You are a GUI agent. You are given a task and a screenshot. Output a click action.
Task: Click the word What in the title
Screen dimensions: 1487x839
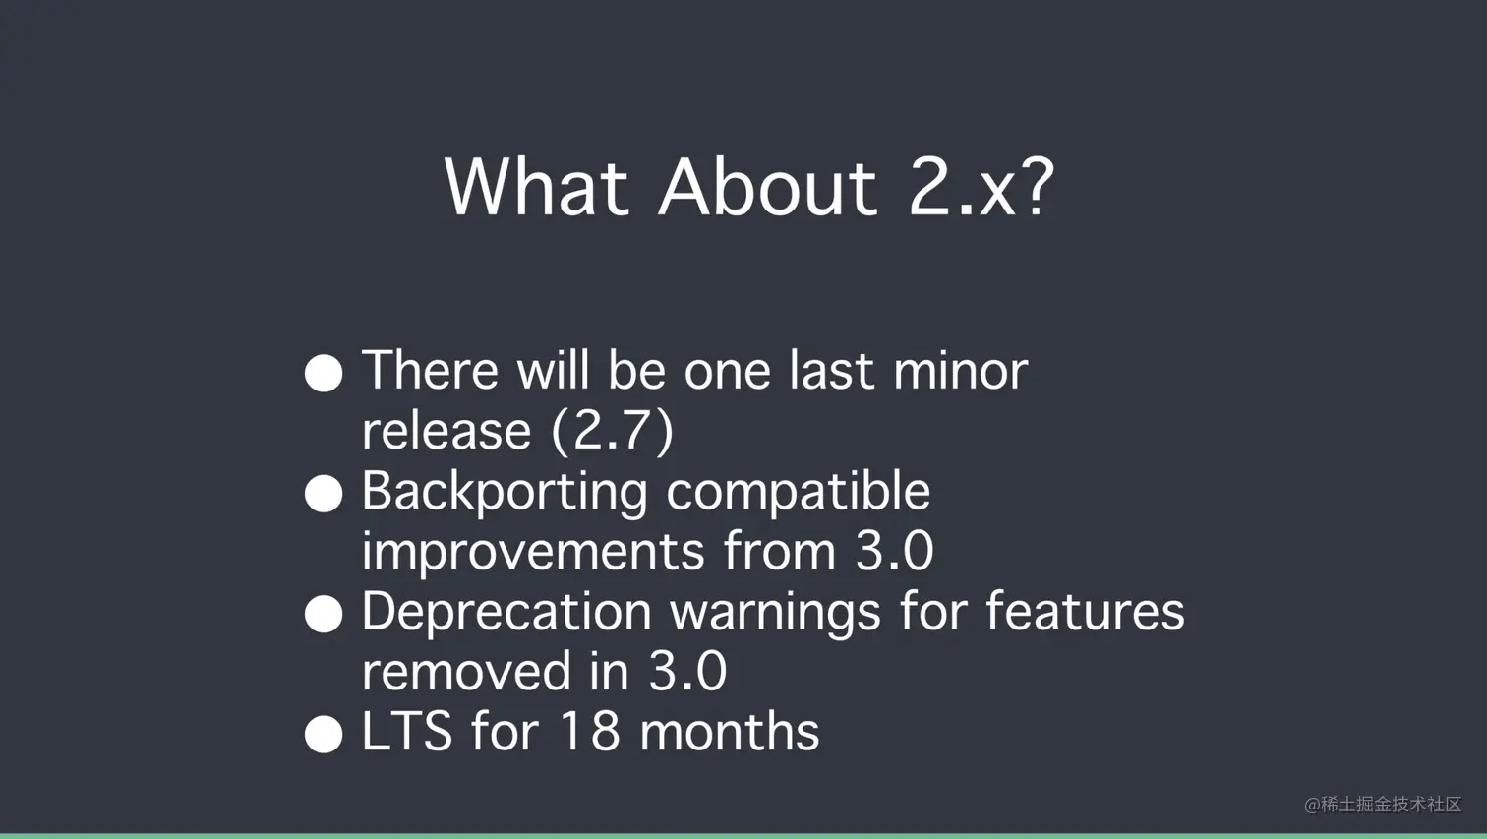click(536, 188)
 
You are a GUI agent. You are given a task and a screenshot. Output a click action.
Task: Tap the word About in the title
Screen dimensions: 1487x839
click(768, 188)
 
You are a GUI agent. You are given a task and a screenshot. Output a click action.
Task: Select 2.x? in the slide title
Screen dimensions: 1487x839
click(981, 188)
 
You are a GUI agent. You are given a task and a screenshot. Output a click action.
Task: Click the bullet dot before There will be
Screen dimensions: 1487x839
click(324, 373)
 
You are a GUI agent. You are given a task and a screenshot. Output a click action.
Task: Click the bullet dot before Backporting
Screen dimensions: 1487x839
click(324, 493)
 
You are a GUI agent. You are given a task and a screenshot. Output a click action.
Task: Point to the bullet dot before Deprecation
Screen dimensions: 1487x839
click(324, 614)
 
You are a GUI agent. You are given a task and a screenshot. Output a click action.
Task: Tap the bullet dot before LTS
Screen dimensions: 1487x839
click(324, 734)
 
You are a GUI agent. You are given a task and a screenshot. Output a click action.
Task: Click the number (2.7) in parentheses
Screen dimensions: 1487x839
click(613, 432)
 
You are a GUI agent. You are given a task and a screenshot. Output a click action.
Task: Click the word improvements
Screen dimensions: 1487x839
click(533, 552)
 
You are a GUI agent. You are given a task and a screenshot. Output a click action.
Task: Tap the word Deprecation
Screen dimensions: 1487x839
click(506, 614)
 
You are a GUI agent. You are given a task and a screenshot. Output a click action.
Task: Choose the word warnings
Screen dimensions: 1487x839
click(775, 615)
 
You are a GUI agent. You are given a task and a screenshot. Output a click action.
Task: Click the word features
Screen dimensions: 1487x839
click(1085, 611)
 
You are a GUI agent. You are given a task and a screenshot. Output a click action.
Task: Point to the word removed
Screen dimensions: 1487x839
click(467, 671)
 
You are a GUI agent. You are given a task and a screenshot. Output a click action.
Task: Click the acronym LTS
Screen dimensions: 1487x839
click(407, 732)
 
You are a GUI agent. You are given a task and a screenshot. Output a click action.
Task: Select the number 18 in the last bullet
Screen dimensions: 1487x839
click(589, 732)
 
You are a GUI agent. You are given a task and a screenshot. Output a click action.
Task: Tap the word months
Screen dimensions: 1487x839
click(729, 732)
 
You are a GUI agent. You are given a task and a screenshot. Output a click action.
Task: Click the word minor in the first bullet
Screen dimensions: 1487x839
click(961, 371)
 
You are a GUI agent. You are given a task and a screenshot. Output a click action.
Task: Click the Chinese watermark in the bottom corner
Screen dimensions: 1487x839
click(1382, 805)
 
